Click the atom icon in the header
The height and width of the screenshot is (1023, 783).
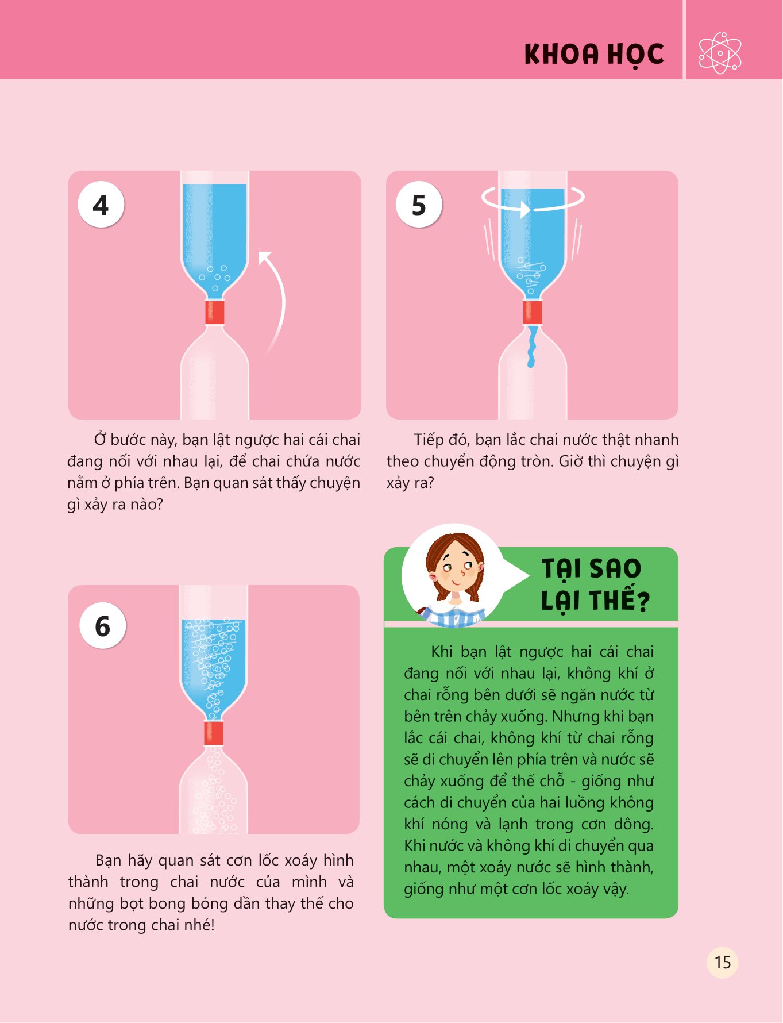click(x=720, y=53)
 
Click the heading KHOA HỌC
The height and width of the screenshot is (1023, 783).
click(x=594, y=55)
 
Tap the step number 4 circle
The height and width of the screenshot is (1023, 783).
click(x=101, y=205)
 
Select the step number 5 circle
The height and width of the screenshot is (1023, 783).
click(x=419, y=205)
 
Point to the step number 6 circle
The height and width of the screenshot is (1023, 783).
click(x=102, y=626)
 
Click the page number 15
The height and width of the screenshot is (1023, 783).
click(x=722, y=962)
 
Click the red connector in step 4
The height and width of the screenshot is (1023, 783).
click(x=215, y=312)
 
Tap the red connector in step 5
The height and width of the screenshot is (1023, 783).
click(x=533, y=312)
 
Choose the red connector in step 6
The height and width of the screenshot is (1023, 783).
click(x=214, y=733)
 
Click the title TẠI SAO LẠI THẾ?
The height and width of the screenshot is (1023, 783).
click(x=595, y=584)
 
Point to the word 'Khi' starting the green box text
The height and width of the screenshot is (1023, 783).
click(x=441, y=652)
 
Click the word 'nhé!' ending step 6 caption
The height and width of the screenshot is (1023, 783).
click(x=199, y=925)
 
